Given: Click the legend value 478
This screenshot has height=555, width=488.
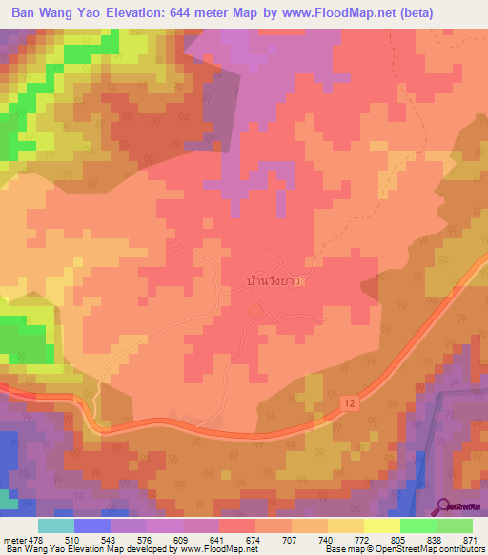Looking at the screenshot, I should (37, 539).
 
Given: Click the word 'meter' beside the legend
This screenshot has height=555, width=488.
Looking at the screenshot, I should (14, 539).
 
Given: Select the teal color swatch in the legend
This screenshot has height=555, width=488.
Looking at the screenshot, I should (56, 525).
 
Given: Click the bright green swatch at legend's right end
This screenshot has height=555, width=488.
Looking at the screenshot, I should (455, 525).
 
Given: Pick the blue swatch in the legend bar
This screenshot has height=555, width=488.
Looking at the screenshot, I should (92, 525).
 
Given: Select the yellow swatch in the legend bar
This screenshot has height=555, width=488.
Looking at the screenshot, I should (381, 525).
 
